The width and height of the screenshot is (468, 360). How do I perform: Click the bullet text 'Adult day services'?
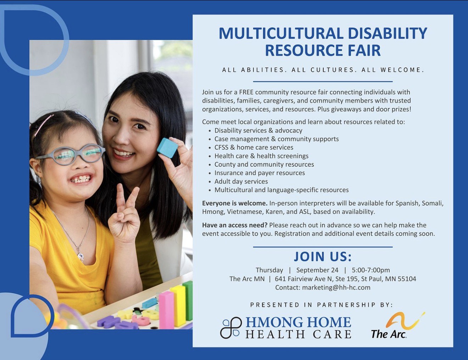click(x=241, y=181)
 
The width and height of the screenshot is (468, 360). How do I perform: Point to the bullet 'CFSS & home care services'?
click(x=254, y=147)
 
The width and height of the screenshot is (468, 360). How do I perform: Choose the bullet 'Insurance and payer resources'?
click(x=260, y=173)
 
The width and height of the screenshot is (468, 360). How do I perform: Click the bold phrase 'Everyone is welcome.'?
click(x=235, y=203)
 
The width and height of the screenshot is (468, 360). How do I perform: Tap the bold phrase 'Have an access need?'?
click(x=235, y=225)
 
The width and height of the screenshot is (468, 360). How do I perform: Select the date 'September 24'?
click(x=317, y=270)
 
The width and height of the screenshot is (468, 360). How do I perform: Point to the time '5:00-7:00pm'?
click(x=371, y=270)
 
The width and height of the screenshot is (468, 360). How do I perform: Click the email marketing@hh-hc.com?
click(x=336, y=287)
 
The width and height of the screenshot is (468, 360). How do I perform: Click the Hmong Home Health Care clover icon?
click(x=230, y=327)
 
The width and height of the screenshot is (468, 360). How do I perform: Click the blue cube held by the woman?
click(x=168, y=148)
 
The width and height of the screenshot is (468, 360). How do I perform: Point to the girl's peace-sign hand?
click(x=124, y=215)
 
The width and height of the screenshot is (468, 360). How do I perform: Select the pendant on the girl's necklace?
click(x=80, y=256)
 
